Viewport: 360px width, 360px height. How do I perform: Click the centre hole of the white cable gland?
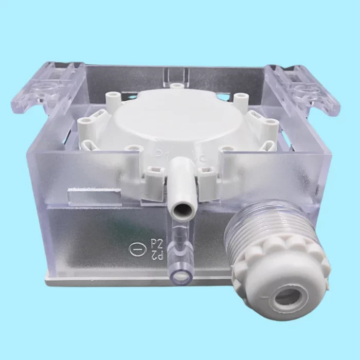pyautogui.click(x=286, y=297)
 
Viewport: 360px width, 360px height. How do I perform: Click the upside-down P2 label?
pyautogui.click(x=157, y=254)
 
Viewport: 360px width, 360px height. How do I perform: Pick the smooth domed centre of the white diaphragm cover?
pyautogui.click(x=175, y=121)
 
